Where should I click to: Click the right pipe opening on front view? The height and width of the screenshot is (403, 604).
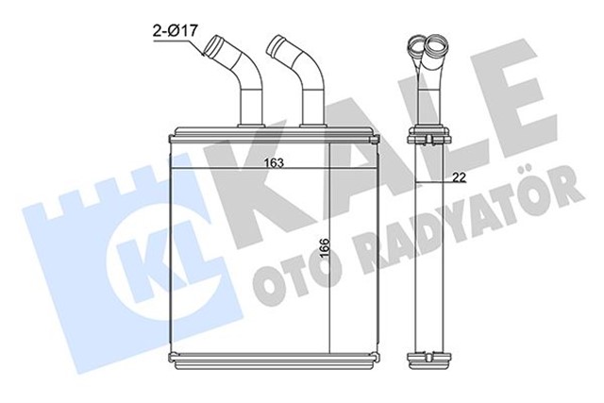point(278,43)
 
